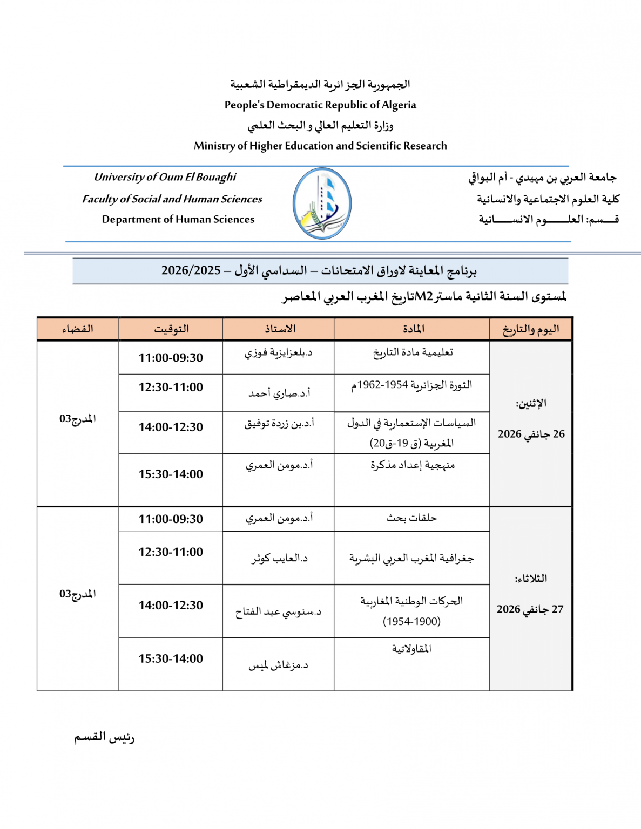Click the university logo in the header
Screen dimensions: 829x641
click(322, 203)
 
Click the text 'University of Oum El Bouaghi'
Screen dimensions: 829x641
click(165, 177)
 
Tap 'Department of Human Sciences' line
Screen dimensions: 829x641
click(178, 219)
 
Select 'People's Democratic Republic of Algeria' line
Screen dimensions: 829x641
click(320, 105)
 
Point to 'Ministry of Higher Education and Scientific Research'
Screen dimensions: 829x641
click(320, 146)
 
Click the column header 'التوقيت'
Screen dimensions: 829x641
click(171, 329)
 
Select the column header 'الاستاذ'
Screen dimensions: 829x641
click(279, 329)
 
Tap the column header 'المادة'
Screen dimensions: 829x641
click(413, 329)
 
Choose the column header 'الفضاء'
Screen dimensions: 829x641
click(77, 329)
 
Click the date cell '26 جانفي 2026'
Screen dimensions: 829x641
click(531, 434)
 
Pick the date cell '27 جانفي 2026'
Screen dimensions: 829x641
click(530, 609)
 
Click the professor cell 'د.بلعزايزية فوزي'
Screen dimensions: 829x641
click(278, 353)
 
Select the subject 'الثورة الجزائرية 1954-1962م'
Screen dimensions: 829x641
click(412, 385)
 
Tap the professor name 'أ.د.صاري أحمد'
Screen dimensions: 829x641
click(279, 393)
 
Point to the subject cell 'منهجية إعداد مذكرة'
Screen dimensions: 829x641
click(413, 465)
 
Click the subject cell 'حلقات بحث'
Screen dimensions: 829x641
click(411, 518)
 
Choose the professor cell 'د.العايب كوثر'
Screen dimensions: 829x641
click(279, 559)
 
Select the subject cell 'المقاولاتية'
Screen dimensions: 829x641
click(411, 649)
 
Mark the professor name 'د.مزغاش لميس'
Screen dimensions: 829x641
click(278, 665)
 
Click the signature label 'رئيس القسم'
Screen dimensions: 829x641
click(104, 737)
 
